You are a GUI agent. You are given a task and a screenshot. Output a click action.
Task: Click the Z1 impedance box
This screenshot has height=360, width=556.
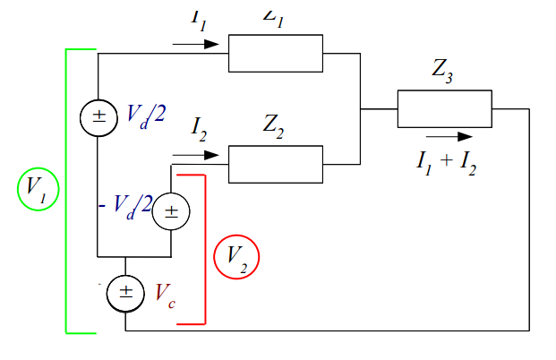(x=275, y=53)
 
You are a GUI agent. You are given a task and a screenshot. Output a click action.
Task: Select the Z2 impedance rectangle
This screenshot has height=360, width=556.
(x=275, y=163)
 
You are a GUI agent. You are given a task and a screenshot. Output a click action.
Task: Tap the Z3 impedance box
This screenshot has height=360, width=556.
(x=444, y=109)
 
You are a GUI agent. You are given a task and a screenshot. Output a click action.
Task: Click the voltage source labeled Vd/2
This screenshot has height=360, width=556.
(x=98, y=117)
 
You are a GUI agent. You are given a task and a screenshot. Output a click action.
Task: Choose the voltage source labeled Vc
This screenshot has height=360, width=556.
(x=124, y=291)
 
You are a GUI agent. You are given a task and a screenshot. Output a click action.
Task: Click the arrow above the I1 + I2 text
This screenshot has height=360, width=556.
(x=449, y=137)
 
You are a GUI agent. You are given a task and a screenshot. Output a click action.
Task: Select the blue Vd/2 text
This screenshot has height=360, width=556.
(x=145, y=114)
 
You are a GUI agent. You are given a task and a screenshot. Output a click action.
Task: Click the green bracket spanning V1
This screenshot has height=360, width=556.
(x=67, y=190)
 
